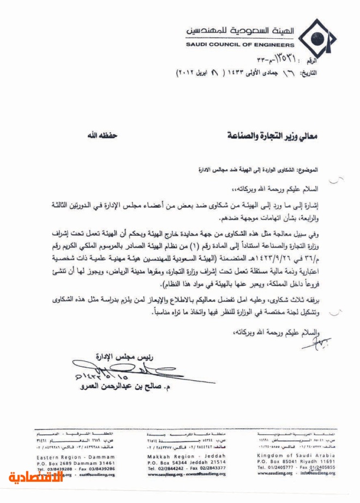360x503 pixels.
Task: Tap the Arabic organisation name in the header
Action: click(241, 30)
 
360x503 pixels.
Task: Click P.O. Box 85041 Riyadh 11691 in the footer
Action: click(296, 462)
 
